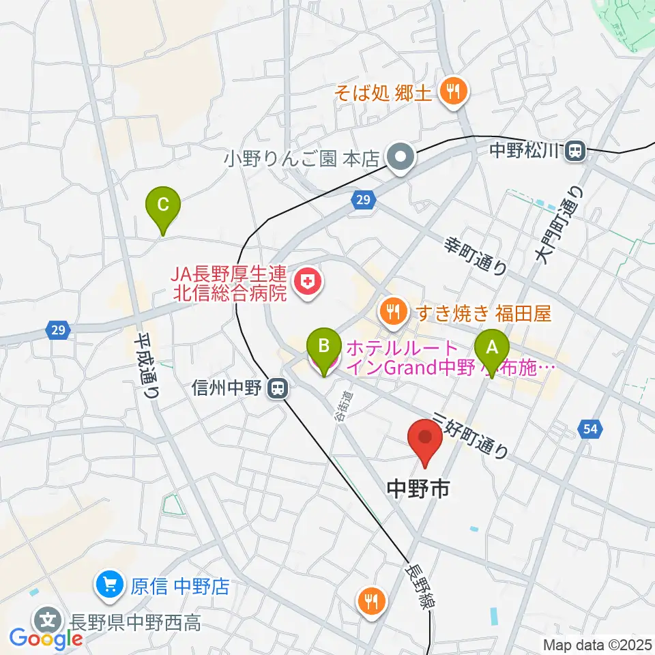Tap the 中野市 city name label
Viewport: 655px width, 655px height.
(x=418, y=488)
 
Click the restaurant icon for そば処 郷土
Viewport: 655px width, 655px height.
(x=452, y=91)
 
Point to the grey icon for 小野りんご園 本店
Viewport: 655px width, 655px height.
(x=400, y=158)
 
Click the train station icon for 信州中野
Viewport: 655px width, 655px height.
(x=277, y=389)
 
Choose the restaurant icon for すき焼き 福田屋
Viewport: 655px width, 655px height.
(x=392, y=312)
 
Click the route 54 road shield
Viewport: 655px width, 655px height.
(x=590, y=429)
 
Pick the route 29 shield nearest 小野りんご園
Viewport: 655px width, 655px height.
(x=362, y=200)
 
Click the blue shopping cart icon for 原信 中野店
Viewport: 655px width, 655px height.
(x=110, y=585)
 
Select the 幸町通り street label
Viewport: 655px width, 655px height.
(x=476, y=257)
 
